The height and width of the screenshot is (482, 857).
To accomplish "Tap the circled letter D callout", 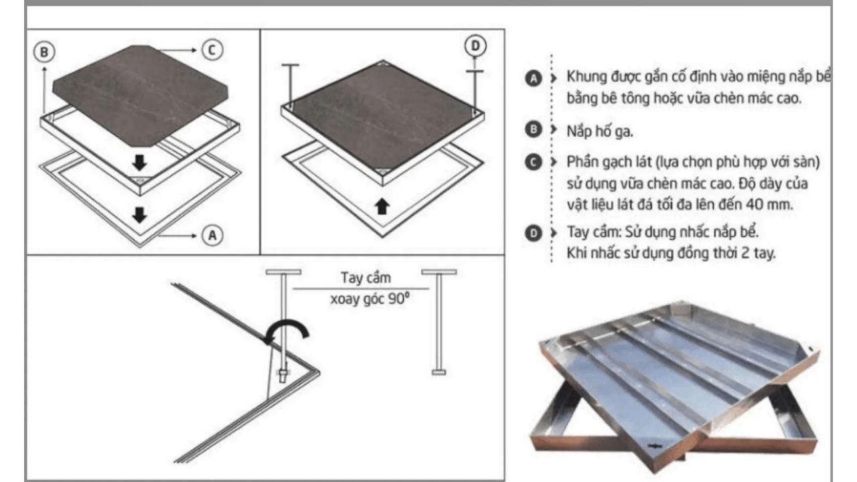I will [475, 46].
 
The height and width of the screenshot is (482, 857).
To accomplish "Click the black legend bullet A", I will [532, 79].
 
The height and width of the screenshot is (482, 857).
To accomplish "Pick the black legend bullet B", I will [532, 131].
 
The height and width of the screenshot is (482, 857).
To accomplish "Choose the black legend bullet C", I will [532, 163].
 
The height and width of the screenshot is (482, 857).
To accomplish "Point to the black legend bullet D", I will [532, 234].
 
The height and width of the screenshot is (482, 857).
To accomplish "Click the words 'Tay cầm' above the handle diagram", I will [365, 278].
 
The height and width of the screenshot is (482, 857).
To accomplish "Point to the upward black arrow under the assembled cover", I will [382, 206].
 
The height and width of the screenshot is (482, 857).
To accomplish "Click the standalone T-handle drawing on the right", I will [439, 321].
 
